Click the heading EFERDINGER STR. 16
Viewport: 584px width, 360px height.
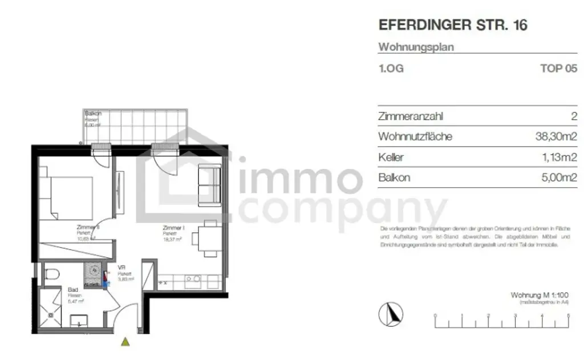tap(453, 26)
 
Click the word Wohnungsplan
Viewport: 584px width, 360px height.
tap(416, 47)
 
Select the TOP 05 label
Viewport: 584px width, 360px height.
tap(558, 69)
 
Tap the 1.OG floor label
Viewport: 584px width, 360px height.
tap(391, 69)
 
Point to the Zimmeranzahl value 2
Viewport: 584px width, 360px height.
tap(573, 116)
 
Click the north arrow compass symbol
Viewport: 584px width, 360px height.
tap(391, 314)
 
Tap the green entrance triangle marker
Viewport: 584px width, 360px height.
tap(125, 342)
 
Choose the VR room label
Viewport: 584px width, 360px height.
tap(121, 267)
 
